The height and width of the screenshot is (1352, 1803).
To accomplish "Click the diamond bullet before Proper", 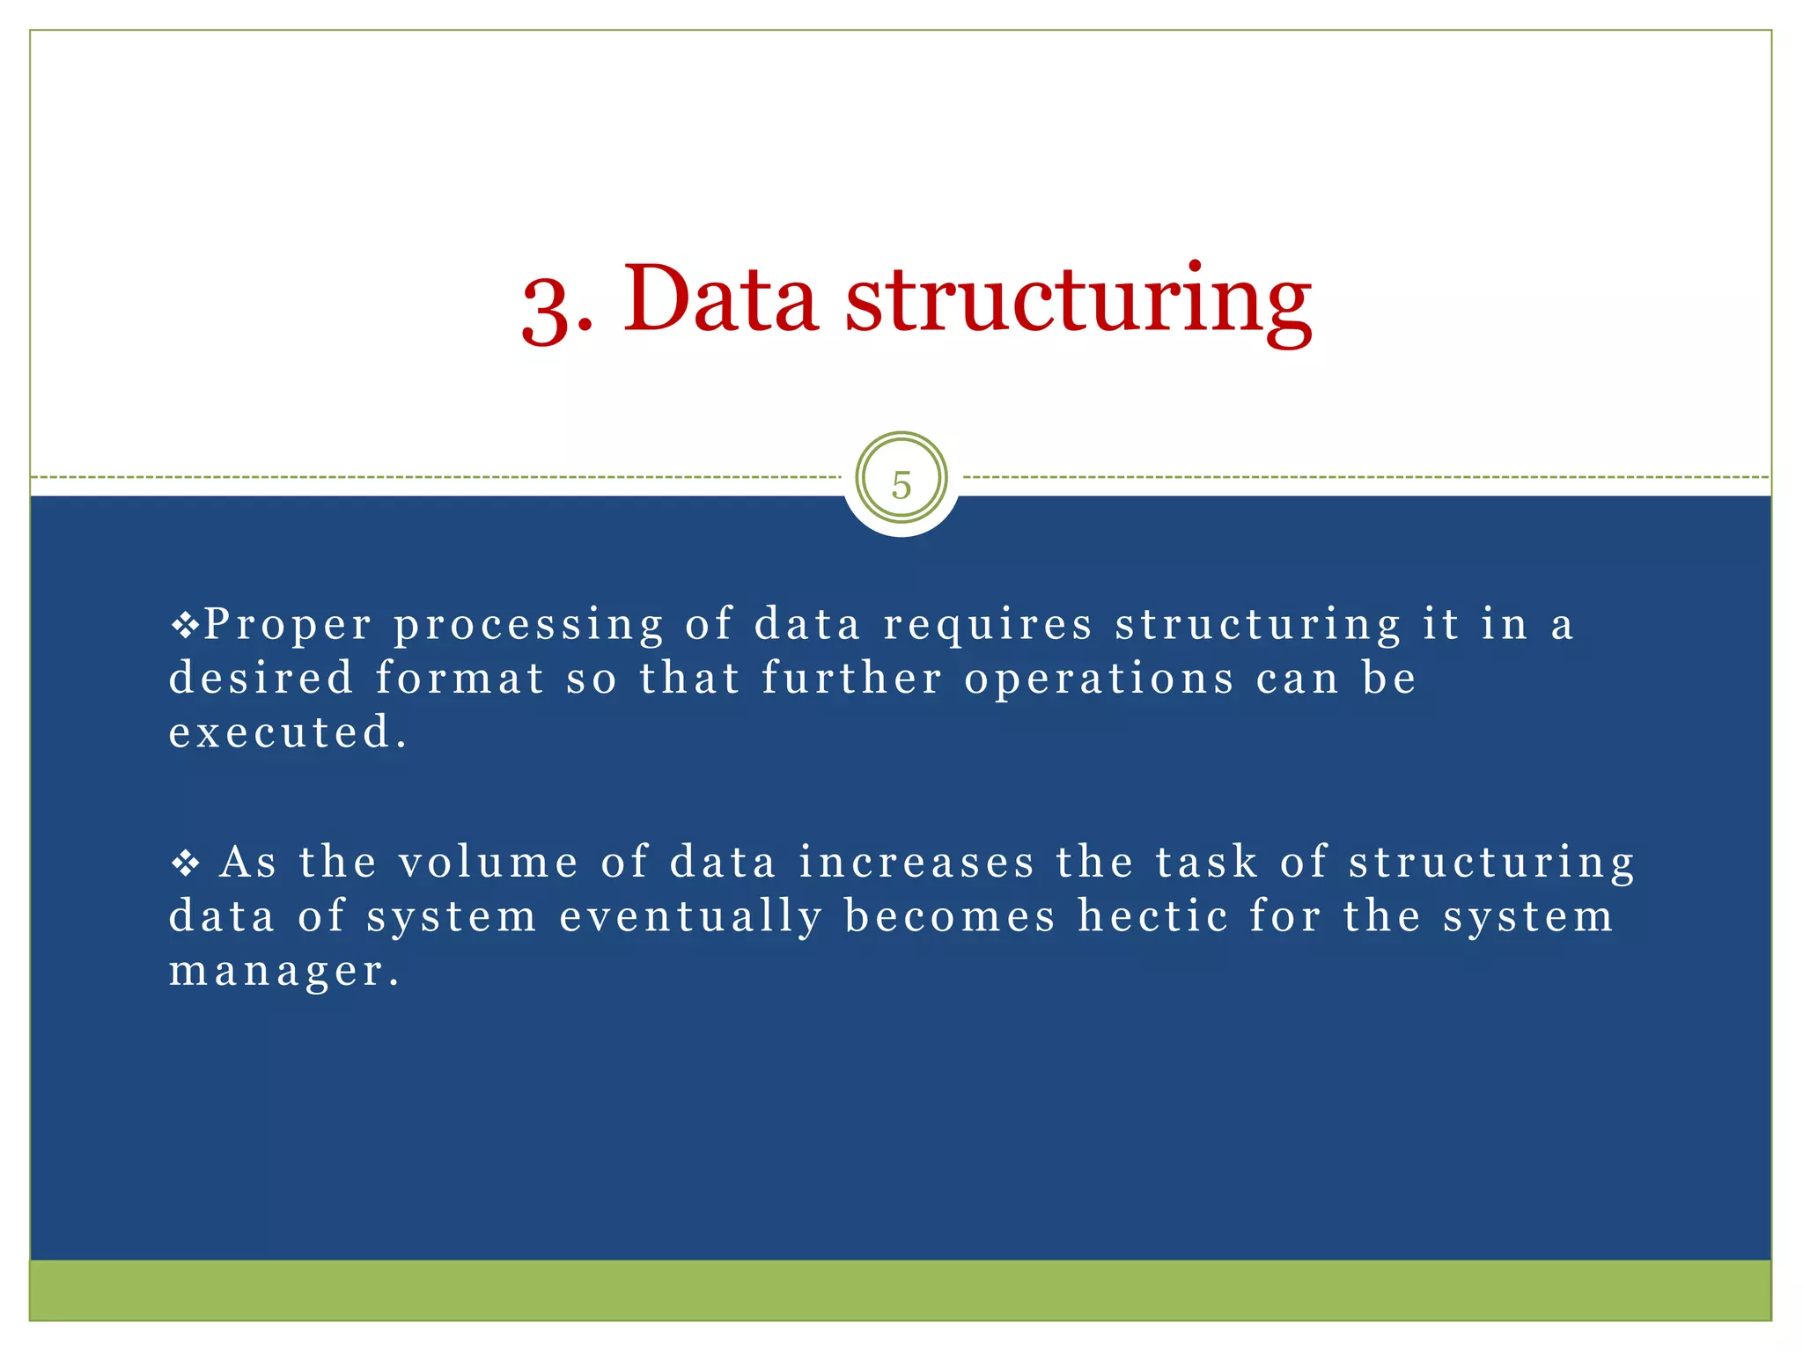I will point(186,627).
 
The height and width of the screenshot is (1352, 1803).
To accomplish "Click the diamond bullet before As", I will point(186,863).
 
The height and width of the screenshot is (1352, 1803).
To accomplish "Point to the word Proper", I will point(288,627).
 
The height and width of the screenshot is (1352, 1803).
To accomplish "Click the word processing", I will point(528,627).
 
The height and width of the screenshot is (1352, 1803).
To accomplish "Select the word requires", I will point(988,627).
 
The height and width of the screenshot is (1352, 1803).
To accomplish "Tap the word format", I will point(460,679).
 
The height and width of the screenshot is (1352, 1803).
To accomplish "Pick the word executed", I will point(288,732).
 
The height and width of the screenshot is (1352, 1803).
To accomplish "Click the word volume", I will point(489,862).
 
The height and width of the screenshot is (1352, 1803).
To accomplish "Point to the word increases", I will point(916,862).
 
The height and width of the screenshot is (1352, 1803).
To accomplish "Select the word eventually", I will point(691,917).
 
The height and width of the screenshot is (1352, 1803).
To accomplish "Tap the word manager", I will point(283,972).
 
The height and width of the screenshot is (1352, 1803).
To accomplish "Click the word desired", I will point(261,679).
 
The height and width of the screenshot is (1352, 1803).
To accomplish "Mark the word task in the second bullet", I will point(1206,862).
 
